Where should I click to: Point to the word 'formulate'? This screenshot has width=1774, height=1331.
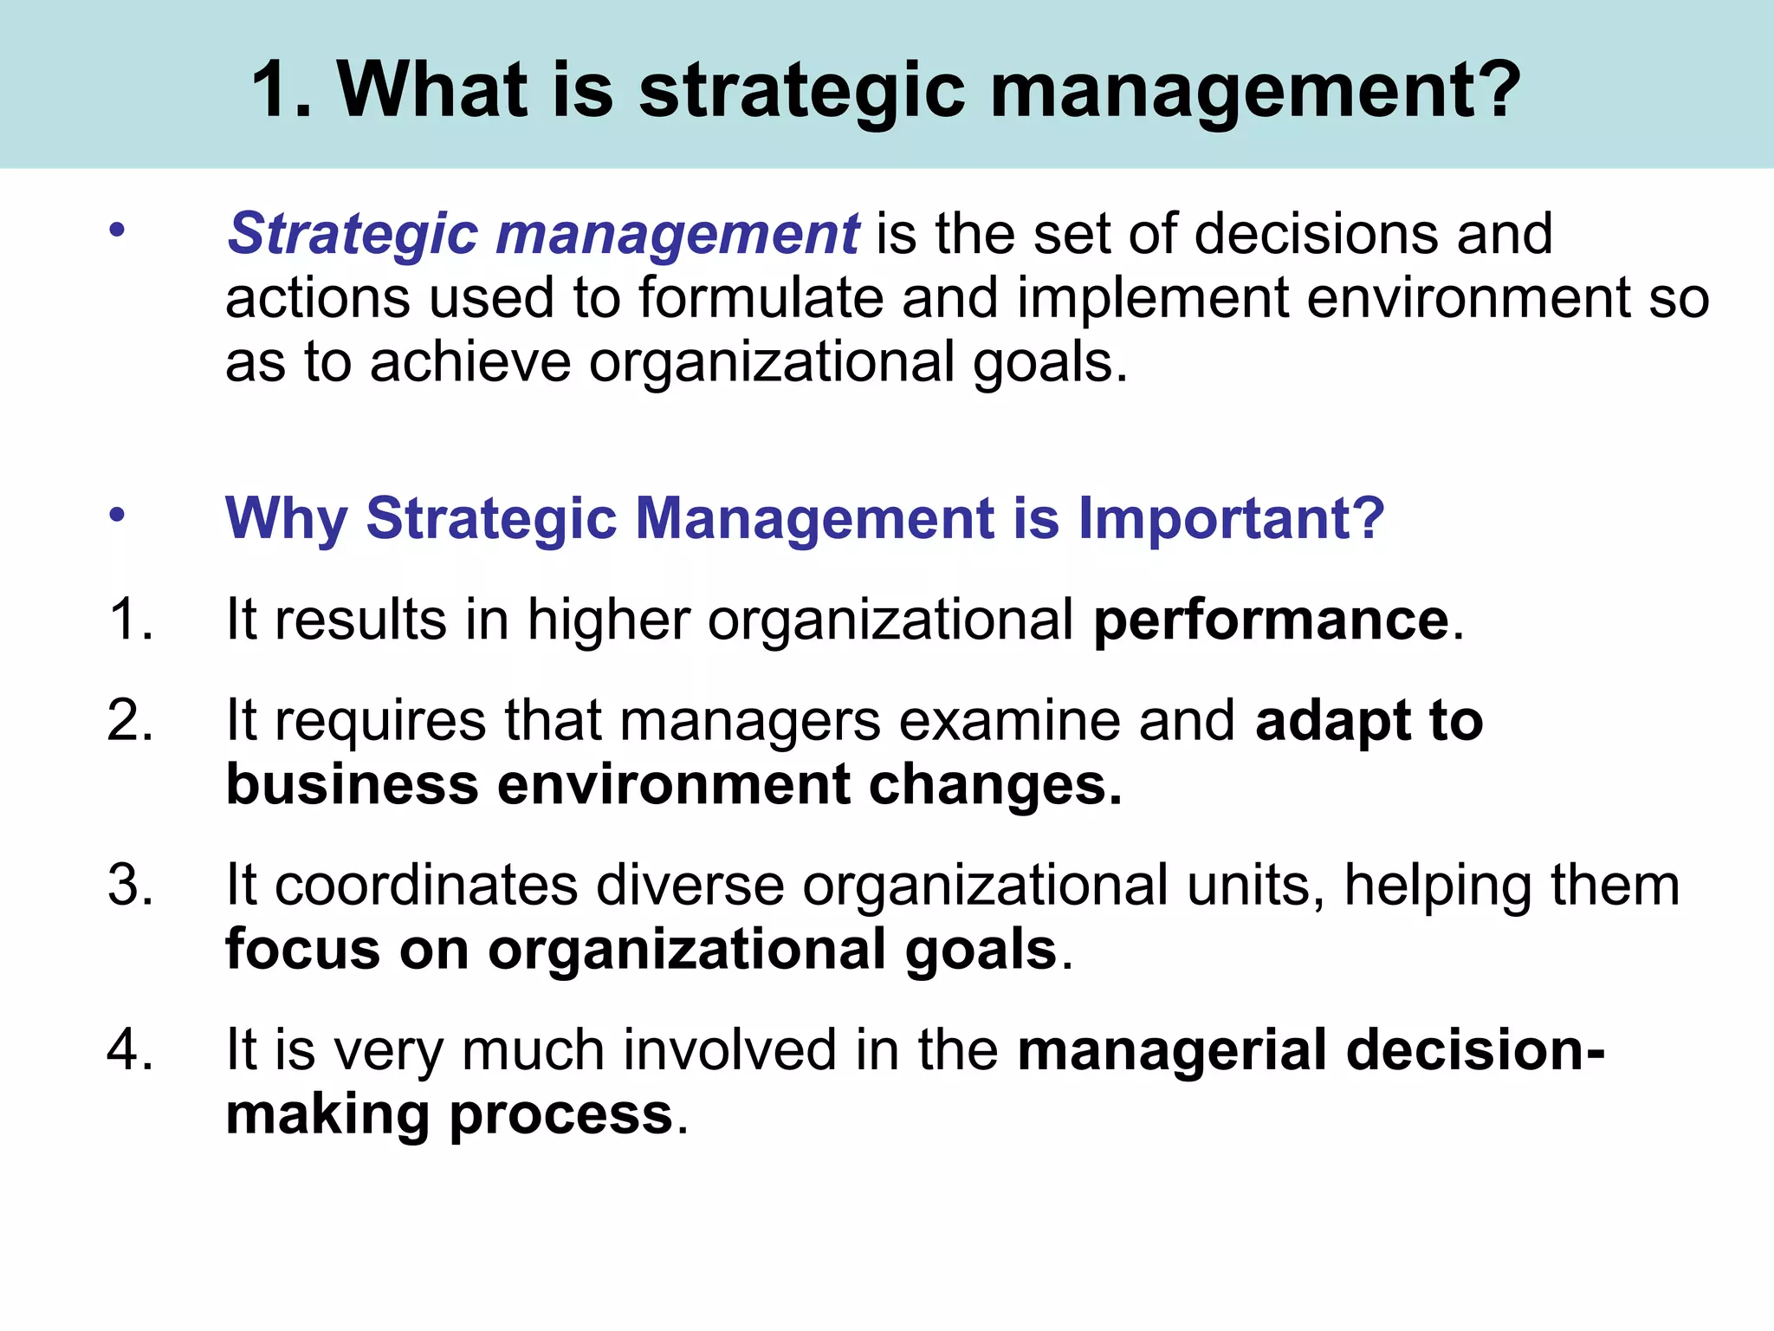761,298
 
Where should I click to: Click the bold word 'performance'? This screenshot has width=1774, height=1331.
1271,620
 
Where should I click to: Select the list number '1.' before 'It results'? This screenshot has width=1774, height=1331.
131,620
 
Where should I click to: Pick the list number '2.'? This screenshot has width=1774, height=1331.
131,720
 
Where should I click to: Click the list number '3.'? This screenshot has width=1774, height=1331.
131,886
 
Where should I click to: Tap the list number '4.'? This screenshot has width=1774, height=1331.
131,1049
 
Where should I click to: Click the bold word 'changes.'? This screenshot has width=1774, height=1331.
995,785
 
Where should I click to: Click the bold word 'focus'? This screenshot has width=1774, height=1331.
302,949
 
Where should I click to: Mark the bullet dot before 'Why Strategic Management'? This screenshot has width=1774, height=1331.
118,516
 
